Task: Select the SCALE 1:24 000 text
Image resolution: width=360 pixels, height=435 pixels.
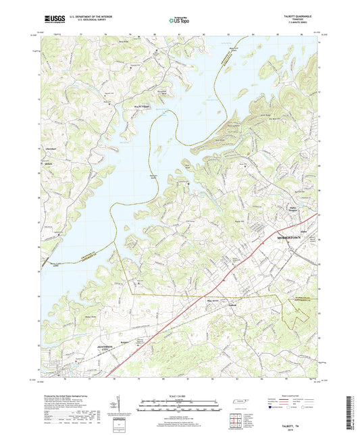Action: click(x=179, y=396)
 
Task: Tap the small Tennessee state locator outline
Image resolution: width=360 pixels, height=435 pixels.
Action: click(x=238, y=403)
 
